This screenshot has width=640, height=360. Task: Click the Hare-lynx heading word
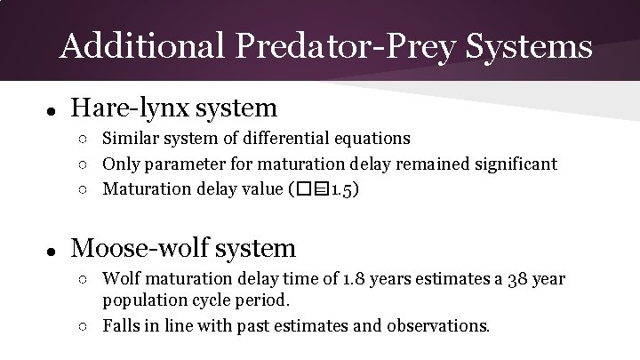124,108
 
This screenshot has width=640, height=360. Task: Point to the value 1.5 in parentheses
341,189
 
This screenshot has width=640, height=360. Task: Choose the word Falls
120,325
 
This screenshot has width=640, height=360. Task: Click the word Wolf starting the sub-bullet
122,280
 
